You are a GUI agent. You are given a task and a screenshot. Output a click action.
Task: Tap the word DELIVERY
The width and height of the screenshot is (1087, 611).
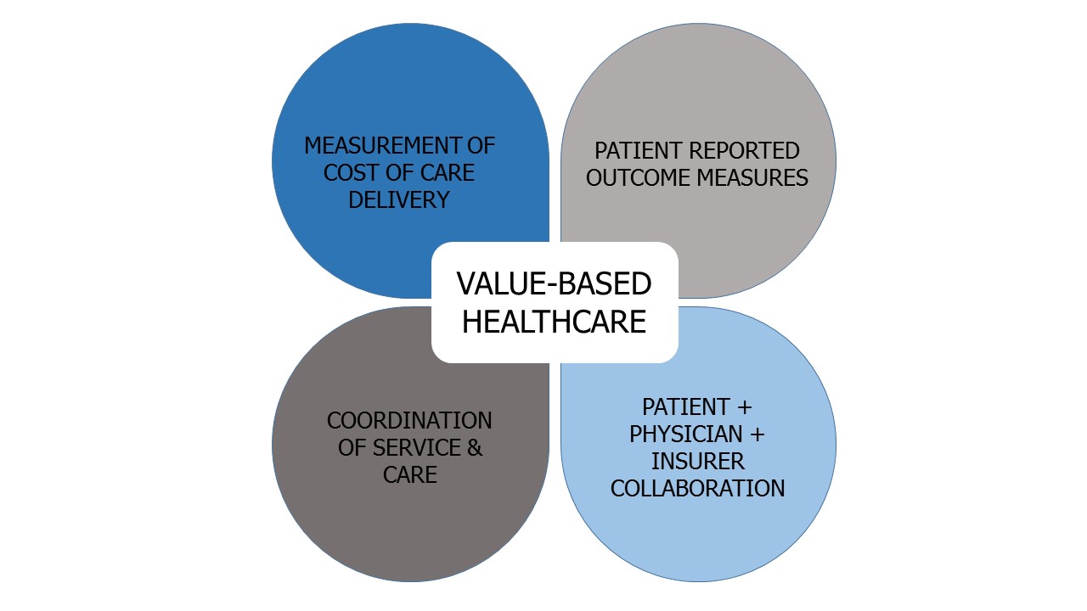[399, 199]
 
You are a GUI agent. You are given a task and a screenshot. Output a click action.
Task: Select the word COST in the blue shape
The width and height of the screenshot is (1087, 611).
[345, 172]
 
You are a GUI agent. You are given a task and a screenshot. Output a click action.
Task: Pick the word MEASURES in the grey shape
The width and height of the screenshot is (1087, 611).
[752, 177]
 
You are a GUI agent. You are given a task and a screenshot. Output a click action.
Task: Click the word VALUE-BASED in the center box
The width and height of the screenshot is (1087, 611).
[554, 283]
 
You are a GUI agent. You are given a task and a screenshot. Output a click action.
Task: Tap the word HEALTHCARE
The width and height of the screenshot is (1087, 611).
[554, 322]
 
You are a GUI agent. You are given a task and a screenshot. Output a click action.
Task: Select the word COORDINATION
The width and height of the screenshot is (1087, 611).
[409, 420]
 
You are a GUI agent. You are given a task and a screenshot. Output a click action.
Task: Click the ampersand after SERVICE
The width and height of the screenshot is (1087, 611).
[475, 447]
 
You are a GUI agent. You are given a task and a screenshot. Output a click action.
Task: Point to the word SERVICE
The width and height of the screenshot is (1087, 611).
[416, 447]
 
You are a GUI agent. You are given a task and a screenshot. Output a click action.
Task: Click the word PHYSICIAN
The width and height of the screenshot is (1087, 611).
[685, 434]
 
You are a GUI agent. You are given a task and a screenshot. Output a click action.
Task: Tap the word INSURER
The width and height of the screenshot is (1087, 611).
[697, 461]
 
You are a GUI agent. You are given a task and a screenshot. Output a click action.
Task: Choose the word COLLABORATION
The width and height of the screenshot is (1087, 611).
[697, 488]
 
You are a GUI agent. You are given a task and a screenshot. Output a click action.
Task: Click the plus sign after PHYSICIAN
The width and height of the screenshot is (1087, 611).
[758, 434]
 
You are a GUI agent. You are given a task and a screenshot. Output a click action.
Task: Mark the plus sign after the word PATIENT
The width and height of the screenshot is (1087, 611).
[745, 407]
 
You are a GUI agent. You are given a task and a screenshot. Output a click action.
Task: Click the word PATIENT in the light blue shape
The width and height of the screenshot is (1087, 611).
[685, 406]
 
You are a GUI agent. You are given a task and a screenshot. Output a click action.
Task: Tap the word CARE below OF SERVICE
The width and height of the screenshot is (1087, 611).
[409, 474]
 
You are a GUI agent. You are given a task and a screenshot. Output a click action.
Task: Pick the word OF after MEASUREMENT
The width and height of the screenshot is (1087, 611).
[481, 145]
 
